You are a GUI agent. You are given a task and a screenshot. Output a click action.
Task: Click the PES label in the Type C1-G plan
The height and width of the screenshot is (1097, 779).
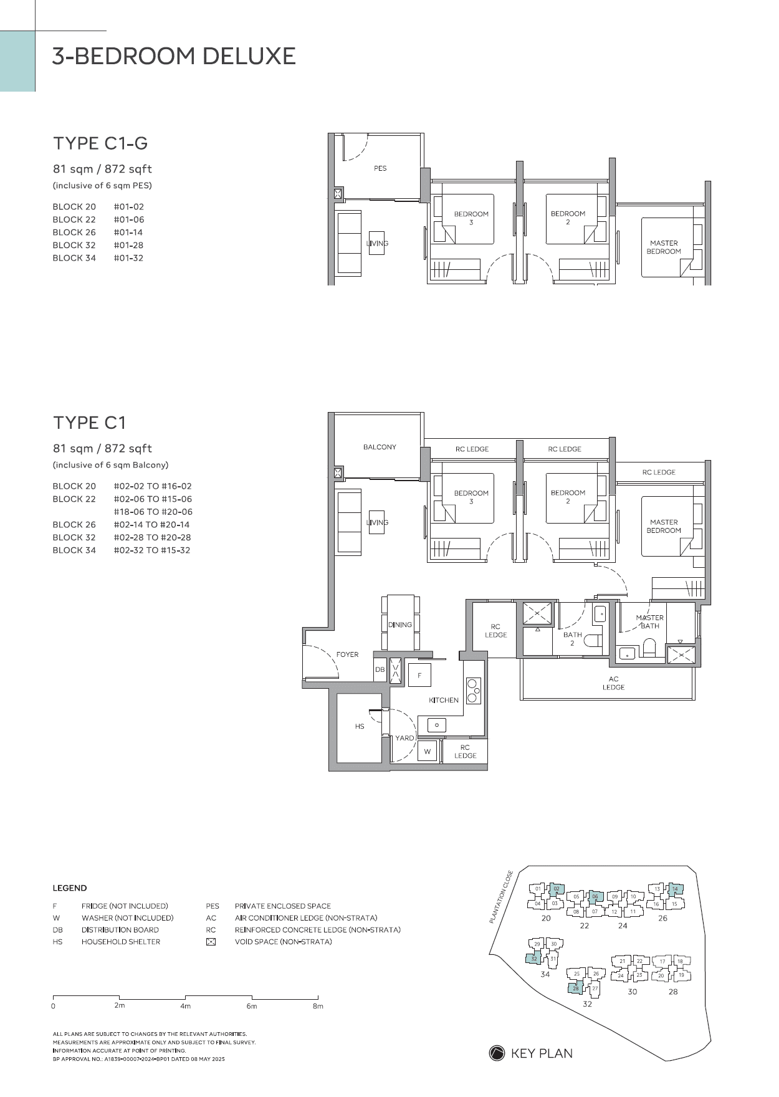coord(380,168)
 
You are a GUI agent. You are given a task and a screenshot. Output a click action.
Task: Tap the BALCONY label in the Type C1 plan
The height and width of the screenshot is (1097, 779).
coord(380,447)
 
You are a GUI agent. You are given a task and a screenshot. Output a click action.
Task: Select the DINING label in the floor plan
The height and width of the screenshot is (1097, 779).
coord(400,625)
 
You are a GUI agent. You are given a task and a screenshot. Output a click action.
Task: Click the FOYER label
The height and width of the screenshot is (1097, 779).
coord(347,654)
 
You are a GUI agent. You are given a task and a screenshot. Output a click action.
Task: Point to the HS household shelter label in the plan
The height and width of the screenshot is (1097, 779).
coord(360,726)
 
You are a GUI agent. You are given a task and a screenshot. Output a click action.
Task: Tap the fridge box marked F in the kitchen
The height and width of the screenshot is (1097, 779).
coord(419,676)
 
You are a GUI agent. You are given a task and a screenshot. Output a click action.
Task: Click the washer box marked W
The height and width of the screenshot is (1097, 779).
coord(428,751)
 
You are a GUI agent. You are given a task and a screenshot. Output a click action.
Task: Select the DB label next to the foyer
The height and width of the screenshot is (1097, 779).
coord(380,670)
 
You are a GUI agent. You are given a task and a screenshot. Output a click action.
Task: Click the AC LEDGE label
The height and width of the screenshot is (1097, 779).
coord(614,683)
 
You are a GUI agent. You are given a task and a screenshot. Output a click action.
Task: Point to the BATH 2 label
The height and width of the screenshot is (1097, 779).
coord(573,639)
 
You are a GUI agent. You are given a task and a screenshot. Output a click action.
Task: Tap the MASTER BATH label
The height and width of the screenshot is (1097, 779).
coord(650,621)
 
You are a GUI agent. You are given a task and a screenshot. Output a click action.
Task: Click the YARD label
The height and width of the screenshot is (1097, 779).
coord(404,738)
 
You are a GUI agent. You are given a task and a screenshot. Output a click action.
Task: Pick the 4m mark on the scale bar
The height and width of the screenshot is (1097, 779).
coord(186,1006)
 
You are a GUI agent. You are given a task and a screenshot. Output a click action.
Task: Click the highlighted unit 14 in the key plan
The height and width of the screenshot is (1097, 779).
coord(674,889)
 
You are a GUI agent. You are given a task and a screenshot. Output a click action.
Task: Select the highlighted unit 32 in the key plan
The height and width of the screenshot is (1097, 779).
coord(535,959)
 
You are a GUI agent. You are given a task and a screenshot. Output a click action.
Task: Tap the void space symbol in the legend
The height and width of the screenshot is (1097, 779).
coord(211,942)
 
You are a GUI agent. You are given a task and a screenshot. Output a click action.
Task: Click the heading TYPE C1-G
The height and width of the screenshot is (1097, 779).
coord(100,143)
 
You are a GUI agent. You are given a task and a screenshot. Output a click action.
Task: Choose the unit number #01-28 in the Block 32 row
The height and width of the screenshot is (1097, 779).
coord(128,245)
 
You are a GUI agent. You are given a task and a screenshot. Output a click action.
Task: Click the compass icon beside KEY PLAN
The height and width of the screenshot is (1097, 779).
coord(497,1053)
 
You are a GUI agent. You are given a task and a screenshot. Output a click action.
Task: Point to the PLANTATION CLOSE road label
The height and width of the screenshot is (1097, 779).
coord(501,896)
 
